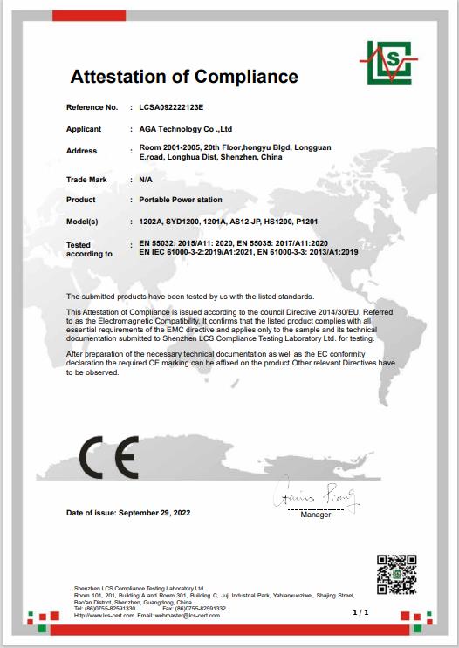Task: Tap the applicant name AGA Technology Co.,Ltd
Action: [x=179, y=129]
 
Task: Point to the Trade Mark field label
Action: [x=86, y=179]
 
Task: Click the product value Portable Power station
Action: [x=181, y=201]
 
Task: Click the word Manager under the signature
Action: [x=315, y=515]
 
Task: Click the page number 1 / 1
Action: [x=360, y=612]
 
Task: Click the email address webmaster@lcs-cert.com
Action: [x=188, y=615]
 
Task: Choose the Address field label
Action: [x=81, y=151]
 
